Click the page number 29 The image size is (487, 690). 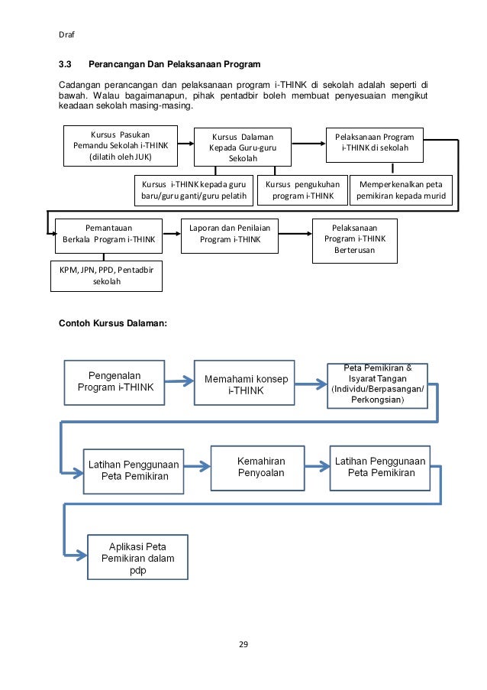pyautogui.click(x=243, y=644)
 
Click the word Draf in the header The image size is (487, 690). pyautogui.click(x=66, y=34)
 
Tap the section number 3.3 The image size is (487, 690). pyautogui.click(x=65, y=64)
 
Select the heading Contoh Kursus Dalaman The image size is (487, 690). pyautogui.click(x=113, y=323)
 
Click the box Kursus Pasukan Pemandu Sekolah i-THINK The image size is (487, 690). pyautogui.click(x=121, y=146)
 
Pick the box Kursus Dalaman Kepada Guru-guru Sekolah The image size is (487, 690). pyautogui.click(x=243, y=147)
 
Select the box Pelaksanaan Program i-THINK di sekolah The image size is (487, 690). pyautogui.click(x=375, y=145)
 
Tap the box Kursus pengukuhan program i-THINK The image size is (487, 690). pyautogui.click(x=302, y=190)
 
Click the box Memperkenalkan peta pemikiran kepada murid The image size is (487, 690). pyautogui.click(x=401, y=190)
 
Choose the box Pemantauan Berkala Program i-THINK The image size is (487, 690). pyautogui.click(x=108, y=236)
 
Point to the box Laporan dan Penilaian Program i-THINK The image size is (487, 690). pyautogui.click(x=230, y=236)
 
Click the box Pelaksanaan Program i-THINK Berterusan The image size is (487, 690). pyautogui.click(x=355, y=241)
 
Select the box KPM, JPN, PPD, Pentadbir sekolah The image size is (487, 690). pyautogui.click(x=106, y=276)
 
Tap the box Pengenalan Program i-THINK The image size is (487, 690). pyautogui.click(x=114, y=382)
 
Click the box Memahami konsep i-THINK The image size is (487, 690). pyautogui.click(x=244, y=382)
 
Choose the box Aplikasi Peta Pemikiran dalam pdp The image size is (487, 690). pyautogui.click(x=137, y=557)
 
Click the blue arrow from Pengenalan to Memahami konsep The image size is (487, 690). pyautogui.click(x=179, y=381)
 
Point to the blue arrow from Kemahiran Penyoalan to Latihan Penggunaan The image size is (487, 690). pyautogui.click(x=318, y=466)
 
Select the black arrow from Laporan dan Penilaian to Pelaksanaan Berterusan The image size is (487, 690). pyautogui.click(x=295, y=234)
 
